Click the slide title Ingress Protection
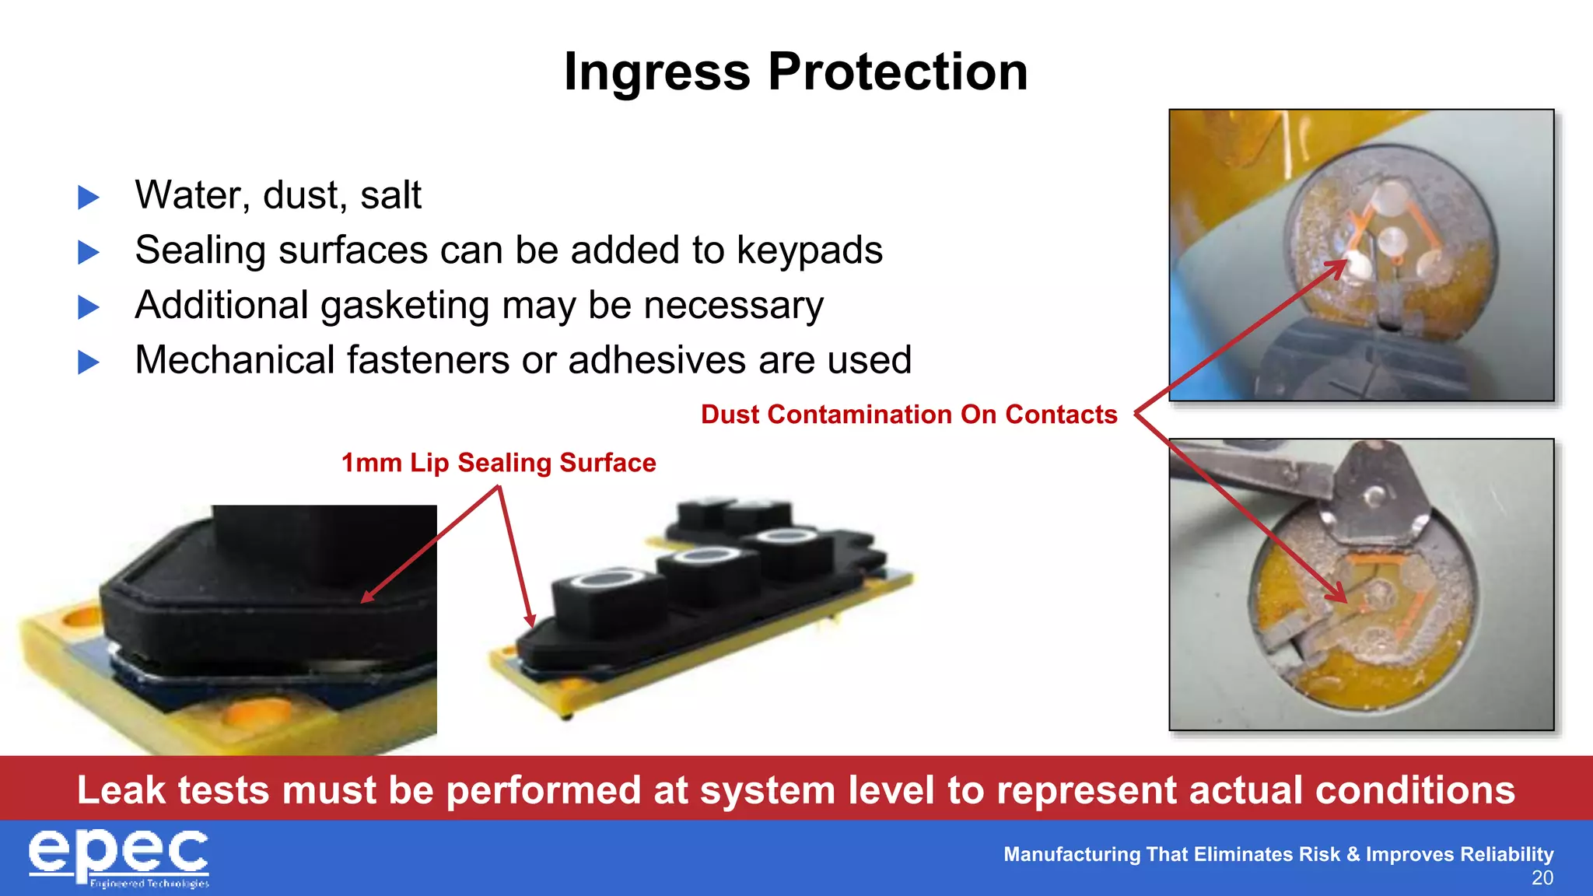[x=795, y=72]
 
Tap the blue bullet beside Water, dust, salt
[x=89, y=198]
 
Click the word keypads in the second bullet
[x=809, y=250]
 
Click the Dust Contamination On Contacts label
[x=909, y=415]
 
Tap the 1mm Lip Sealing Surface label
[x=499, y=463]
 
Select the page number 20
[x=1542, y=878]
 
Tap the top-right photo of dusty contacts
[x=1361, y=255]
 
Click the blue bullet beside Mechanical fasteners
[x=89, y=362]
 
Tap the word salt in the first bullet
[x=390, y=195]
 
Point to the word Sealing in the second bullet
[x=200, y=250]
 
